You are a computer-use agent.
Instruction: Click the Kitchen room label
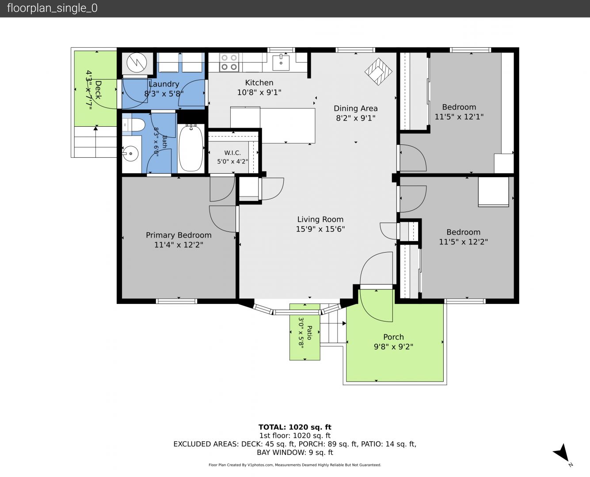[259, 83]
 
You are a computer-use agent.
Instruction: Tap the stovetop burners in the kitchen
[229, 62]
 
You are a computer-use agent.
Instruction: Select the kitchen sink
[281, 62]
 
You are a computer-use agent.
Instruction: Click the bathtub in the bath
[190, 148]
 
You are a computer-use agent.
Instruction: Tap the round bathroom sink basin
[130, 153]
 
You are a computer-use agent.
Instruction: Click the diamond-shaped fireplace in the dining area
[378, 72]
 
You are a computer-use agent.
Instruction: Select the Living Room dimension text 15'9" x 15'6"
[320, 229]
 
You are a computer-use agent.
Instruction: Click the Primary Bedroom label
[179, 235]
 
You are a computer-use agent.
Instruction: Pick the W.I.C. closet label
[232, 152]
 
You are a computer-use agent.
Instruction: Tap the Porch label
[393, 337]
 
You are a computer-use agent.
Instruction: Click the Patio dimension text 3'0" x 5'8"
[301, 332]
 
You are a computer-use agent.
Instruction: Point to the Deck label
[98, 90]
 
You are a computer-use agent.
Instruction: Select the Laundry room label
[164, 84]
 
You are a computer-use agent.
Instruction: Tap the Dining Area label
[356, 108]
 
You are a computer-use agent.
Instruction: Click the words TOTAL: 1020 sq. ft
[295, 427]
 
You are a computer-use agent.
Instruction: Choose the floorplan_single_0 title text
[52, 8]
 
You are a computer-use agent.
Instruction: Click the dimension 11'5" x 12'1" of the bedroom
[459, 117]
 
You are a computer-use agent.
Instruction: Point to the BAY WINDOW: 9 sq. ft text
[295, 453]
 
